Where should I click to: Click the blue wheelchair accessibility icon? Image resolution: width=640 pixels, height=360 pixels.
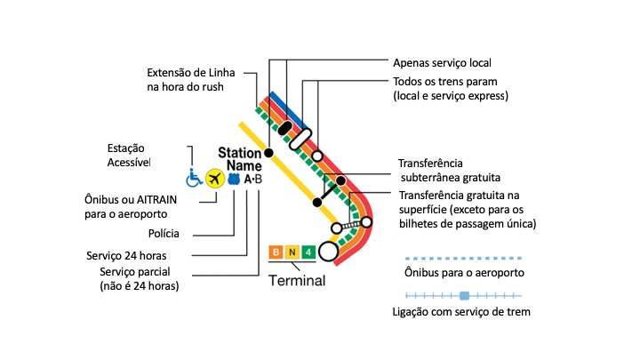[194, 180]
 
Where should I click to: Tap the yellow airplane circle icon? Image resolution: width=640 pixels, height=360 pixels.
[214, 180]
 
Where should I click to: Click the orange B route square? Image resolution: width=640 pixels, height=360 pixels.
[276, 252]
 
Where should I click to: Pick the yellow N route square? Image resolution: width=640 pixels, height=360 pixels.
[292, 252]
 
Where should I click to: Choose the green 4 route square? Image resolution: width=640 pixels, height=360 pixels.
[308, 252]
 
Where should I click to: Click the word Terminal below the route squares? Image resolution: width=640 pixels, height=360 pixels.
[297, 280]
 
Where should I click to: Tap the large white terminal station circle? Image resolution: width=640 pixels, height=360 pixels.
[329, 252]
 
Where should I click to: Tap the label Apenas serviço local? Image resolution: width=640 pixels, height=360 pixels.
[442, 64]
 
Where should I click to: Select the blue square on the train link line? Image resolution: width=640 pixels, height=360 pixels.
[463, 294]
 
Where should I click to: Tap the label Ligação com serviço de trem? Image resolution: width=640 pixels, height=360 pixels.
[462, 312]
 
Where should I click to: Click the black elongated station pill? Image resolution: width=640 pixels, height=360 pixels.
[285, 129]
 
